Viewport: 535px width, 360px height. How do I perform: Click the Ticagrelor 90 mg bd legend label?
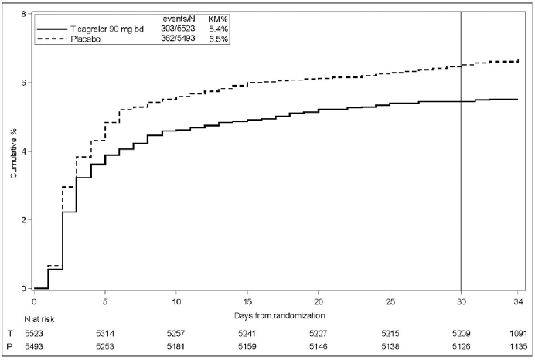click(x=107, y=29)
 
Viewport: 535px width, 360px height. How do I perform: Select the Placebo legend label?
click(x=86, y=39)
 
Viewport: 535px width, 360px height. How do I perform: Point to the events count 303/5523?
click(x=178, y=29)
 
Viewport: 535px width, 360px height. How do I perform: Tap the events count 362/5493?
click(x=178, y=38)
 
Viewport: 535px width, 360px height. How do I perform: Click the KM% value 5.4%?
click(x=218, y=29)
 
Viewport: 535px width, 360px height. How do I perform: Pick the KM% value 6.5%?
click(x=218, y=39)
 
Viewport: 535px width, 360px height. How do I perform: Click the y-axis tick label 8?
click(x=23, y=14)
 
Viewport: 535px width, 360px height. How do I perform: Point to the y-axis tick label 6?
click(x=23, y=82)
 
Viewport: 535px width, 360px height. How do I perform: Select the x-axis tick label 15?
click(x=247, y=302)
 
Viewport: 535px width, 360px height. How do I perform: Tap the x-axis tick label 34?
click(x=518, y=302)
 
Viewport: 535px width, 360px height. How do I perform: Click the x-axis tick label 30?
click(x=461, y=302)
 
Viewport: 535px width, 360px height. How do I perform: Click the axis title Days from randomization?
click(x=279, y=315)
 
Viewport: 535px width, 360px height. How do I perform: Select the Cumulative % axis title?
click(x=14, y=154)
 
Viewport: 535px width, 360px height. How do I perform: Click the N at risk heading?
click(x=39, y=319)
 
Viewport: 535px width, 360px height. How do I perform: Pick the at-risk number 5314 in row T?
click(x=105, y=333)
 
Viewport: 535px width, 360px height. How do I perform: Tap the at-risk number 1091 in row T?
click(x=518, y=333)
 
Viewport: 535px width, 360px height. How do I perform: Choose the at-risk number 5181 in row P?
click(x=176, y=347)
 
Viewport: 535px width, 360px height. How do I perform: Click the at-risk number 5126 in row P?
click(x=461, y=347)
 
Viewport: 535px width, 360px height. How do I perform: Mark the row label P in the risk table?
click(x=9, y=347)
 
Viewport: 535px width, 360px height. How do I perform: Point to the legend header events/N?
click(x=179, y=19)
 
